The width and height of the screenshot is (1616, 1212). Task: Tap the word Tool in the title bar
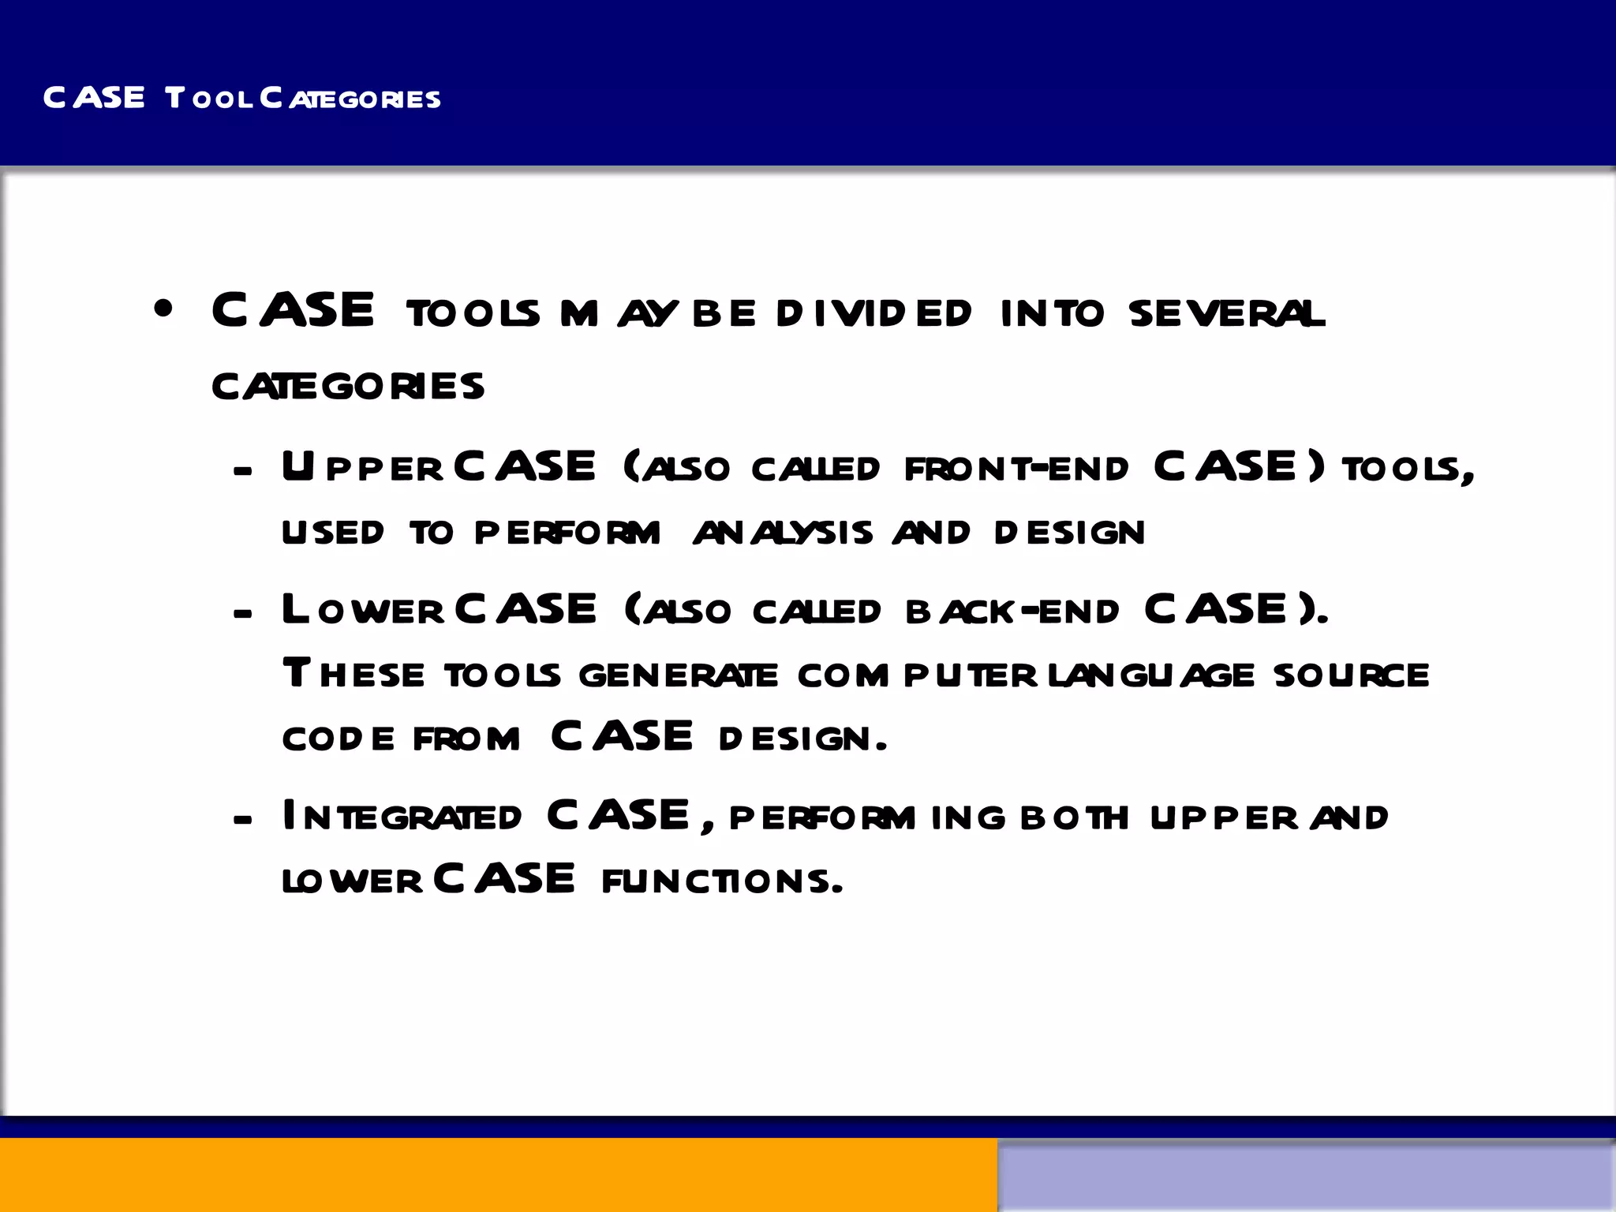[x=209, y=99]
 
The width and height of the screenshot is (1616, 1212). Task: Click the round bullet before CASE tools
[x=163, y=309]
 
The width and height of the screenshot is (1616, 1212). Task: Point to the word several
[x=1226, y=313]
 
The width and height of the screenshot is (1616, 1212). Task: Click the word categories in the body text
[x=348, y=387]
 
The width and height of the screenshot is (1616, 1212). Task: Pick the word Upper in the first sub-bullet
[x=362, y=468]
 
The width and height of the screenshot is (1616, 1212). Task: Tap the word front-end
[x=1016, y=469]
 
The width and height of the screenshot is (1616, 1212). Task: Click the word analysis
[x=783, y=533]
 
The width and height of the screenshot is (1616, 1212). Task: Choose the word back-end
[x=1012, y=612]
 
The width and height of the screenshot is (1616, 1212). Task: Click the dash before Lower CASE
[x=243, y=613]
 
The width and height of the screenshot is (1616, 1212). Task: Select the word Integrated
[x=402, y=817]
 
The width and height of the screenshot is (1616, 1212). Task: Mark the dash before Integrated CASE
[x=243, y=820]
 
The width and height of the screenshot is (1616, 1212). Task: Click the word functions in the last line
[x=722, y=881]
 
